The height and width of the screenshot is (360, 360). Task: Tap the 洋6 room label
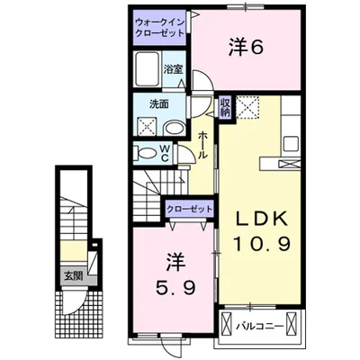[x=242, y=49]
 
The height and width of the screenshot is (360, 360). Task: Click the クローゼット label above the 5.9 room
[x=189, y=210]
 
